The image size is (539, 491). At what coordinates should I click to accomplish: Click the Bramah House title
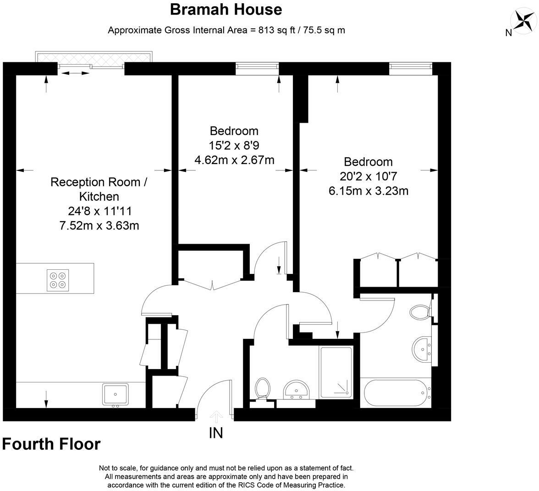pyautogui.click(x=226, y=9)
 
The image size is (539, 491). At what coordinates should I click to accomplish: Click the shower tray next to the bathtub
pyautogui.click(x=336, y=372)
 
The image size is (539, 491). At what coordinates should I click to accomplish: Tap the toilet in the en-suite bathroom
pyautogui.click(x=419, y=313)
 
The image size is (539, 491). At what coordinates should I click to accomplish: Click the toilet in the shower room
pyautogui.click(x=262, y=388)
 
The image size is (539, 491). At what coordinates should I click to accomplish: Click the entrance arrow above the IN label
pyautogui.click(x=216, y=416)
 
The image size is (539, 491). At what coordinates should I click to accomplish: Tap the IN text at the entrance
pyautogui.click(x=216, y=432)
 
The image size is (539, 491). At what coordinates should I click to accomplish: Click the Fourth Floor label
pyautogui.click(x=51, y=444)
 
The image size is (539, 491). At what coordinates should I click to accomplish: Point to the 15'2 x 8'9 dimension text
pyautogui.click(x=234, y=146)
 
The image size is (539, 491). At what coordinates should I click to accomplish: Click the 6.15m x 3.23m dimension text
pyautogui.click(x=368, y=191)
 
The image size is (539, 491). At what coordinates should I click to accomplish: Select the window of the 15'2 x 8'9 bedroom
pyautogui.click(x=257, y=68)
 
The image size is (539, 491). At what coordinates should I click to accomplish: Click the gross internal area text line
pyautogui.click(x=226, y=30)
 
